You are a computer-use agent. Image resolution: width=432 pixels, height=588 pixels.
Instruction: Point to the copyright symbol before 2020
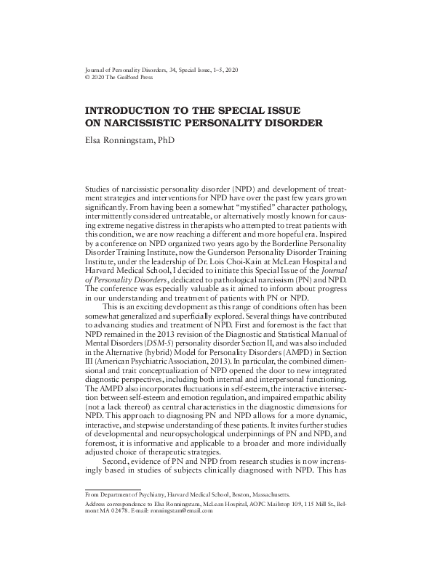(x=88, y=76)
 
